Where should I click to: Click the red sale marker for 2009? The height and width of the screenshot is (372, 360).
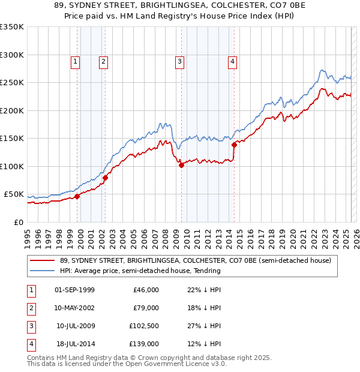pyautogui.click(x=181, y=165)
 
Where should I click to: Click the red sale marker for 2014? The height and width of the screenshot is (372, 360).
pyautogui.click(x=235, y=145)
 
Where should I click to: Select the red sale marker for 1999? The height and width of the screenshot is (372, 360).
pyautogui.click(x=77, y=196)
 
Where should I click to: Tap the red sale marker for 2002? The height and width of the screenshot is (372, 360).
pyautogui.click(x=105, y=178)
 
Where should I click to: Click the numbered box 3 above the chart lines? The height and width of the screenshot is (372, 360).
pyautogui.click(x=179, y=61)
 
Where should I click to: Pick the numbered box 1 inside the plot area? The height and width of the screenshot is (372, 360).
pyautogui.click(x=75, y=61)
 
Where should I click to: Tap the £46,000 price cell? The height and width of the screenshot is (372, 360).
pyautogui.click(x=145, y=290)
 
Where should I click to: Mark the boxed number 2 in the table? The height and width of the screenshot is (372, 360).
pyautogui.click(x=30, y=308)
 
